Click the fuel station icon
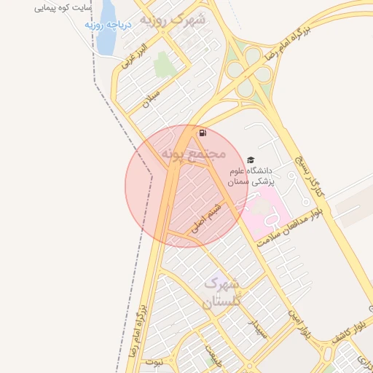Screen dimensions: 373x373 202,133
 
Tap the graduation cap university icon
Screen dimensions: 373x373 251,160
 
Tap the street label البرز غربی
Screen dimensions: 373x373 136,57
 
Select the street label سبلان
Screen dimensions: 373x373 150,100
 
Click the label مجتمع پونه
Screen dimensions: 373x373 193,154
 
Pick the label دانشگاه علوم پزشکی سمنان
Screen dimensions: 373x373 252,176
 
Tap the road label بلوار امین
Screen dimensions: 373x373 301,324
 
